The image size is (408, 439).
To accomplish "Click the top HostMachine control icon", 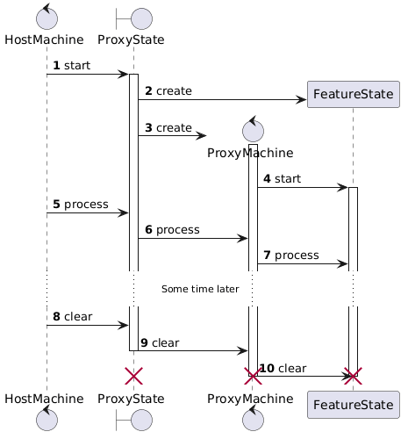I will (x=47, y=18).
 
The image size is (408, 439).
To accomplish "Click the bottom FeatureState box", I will (x=353, y=404).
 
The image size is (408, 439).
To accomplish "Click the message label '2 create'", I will (x=168, y=91).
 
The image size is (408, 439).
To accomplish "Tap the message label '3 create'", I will (x=168, y=128).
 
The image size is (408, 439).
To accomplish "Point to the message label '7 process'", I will (x=290, y=255).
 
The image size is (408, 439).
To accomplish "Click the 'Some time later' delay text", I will (x=200, y=289).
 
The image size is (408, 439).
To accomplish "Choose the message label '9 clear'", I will (x=160, y=342).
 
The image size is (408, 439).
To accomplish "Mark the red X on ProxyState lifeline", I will (x=133, y=376).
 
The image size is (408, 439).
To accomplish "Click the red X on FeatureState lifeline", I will (x=353, y=376).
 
